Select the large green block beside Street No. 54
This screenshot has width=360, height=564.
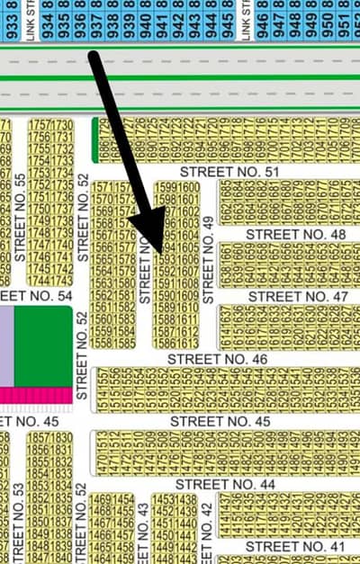tap(43, 346)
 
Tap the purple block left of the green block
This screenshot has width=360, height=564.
tap(6, 346)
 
